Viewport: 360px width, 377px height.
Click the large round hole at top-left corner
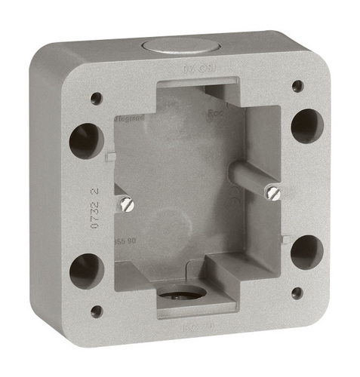pyautogui.click(x=85, y=139)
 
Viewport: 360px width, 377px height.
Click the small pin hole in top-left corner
pyautogui.click(x=96, y=98)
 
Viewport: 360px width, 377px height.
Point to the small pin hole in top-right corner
pyautogui.click(x=297, y=85)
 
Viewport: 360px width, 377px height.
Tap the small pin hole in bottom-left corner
pyautogui.click(x=95, y=309)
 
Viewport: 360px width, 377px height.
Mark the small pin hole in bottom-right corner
pyautogui.click(x=298, y=290)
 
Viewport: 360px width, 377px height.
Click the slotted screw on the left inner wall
pyautogui.click(x=125, y=202)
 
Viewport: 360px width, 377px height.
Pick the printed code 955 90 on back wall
pyautogui.click(x=126, y=241)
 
